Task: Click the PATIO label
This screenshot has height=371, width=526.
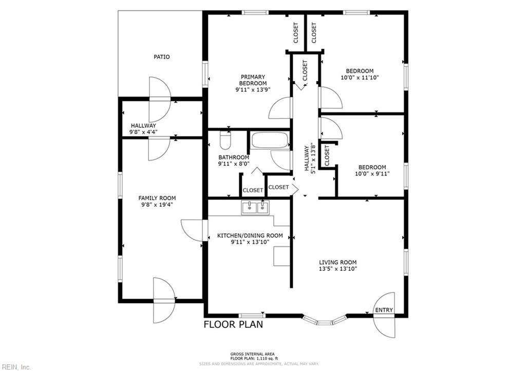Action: click(162, 57)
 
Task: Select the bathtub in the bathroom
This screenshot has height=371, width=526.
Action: click(270, 140)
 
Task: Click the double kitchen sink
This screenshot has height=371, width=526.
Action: click(255, 208)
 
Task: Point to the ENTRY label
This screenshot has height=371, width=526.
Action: click(384, 310)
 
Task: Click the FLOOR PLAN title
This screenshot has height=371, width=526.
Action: click(234, 324)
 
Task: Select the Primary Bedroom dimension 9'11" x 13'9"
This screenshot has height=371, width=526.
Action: click(253, 89)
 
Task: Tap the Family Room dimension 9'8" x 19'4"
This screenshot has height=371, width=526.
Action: click(157, 204)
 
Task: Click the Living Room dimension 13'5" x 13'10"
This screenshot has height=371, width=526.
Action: click(338, 269)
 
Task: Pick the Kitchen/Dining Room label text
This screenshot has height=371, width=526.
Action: click(250, 236)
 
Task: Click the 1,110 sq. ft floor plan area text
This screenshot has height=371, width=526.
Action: click(252, 358)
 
